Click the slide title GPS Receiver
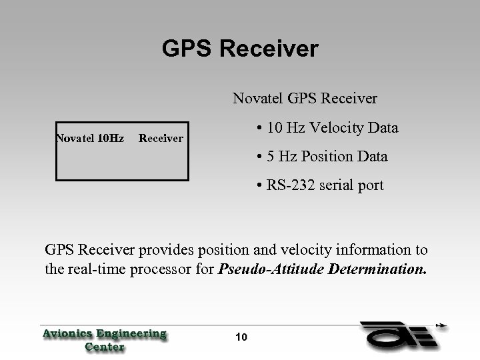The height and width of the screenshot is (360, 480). (x=240, y=49)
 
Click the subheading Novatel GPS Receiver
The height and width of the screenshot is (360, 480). (x=305, y=99)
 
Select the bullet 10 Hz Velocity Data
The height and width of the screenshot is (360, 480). (x=327, y=128)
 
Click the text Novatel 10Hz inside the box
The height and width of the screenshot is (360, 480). (x=90, y=139)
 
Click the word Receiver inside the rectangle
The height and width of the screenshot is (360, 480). (x=160, y=139)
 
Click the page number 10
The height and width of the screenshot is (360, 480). (x=241, y=337)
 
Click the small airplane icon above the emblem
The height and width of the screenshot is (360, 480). (x=441, y=327)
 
